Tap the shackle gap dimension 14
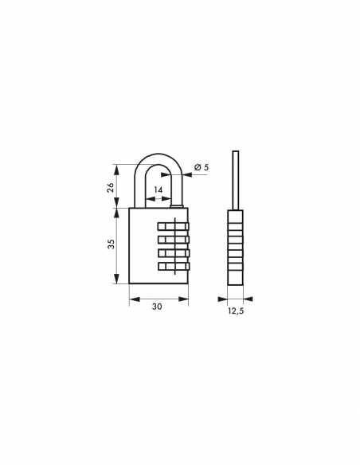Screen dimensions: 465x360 click(158, 191)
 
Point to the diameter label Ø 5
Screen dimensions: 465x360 click(202, 167)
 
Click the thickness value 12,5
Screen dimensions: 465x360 click(234, 311)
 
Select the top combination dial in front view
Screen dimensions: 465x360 click(174, 226)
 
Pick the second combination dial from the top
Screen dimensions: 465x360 click(174, 240)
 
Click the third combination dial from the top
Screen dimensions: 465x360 click(174, 253)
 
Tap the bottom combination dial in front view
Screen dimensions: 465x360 click(174, 267)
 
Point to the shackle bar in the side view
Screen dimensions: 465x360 click(234, 179)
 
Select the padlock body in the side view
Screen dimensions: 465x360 click(234, 247)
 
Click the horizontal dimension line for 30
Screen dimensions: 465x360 click(158, 300)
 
